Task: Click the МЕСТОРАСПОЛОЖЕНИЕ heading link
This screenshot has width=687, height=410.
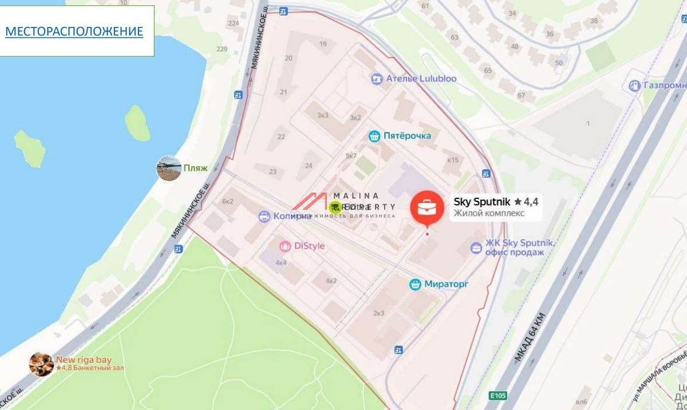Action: click(74, 31)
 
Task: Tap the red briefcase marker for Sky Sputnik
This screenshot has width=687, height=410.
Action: click(427, 208)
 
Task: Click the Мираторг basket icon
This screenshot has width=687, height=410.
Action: click(416, 284)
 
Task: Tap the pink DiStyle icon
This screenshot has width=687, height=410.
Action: click(285, 246)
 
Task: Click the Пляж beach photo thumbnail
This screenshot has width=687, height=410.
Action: click(169, 169)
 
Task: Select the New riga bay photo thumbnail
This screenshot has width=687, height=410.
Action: click(41, 364)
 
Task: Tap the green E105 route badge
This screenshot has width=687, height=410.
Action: click(498, 396)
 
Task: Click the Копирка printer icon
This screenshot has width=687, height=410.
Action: click(264, 216)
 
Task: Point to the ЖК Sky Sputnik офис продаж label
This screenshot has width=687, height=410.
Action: click(519, 248)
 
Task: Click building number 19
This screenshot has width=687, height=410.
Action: click(323, 44)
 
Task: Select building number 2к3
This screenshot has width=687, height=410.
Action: click(378, 313)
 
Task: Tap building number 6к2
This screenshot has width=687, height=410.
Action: click(228, 201)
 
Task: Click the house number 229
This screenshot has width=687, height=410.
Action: click(222, 49)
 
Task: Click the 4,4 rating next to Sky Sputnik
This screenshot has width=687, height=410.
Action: click(531, 202)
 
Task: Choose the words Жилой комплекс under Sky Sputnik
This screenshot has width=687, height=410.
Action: click(497, 214)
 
